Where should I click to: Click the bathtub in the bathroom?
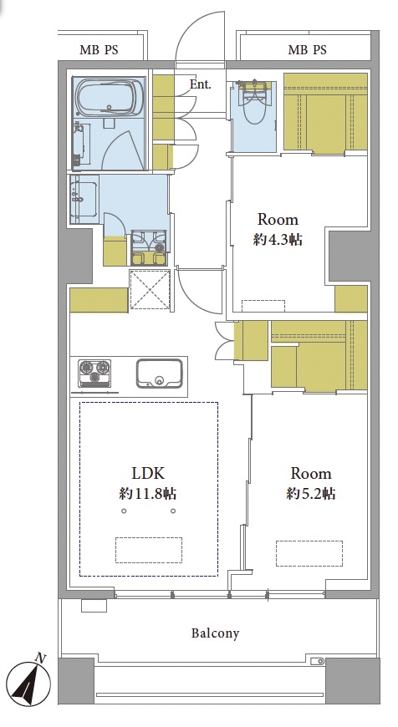pyautogui.click(x=109, y=98)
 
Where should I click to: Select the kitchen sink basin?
pyautogui.click(x=159, y=374)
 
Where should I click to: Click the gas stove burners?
pyautogui.click(x=95, y=374)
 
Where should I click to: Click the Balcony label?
pyautogui.click(x=216, y=633)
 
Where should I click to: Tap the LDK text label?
pyautogui.click(x=148, y=473)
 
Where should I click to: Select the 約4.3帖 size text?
pyautogui.click(x=278, y=240)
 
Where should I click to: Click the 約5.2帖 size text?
pyautogui.click(x=311, y=494)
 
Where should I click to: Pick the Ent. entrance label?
pyautogui.click(x=201, y=84)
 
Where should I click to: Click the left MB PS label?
pyautogui.click(x=99, y=50)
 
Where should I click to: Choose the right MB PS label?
pyautogui.click(x=307, y=49)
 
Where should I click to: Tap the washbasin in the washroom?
pyautogui.click(x=84, y=198)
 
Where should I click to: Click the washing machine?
pyautogui.click(x=149, y=247)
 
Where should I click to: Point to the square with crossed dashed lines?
pyautogui.click(x=151, y=290)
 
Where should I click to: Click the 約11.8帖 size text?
pyautogui.click(x=148, y=494)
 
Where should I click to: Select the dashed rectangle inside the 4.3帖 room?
pyautogui.click(x=263, y=306)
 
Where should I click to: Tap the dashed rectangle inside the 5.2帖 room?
pyautogui.click(x=309, y=553)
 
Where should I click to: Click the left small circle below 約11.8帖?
pyautogui.click(x=124, y=511)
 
